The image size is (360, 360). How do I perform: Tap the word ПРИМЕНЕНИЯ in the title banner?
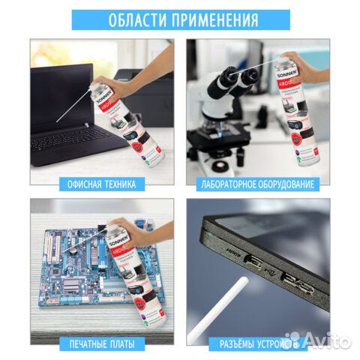pos(214,19)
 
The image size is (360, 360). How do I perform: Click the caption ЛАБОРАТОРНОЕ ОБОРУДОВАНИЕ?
pos(257,183)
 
